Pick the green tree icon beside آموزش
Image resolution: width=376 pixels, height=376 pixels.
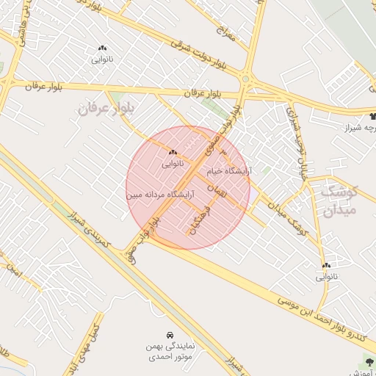coord(368,361)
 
